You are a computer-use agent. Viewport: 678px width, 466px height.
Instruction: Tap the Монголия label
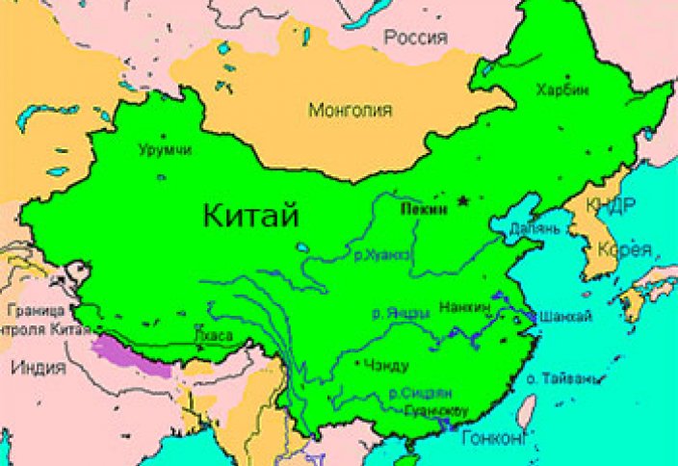(350, 111)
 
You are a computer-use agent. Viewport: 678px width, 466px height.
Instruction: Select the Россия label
(416, 39)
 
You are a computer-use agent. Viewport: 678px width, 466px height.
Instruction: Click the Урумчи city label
(165, 150)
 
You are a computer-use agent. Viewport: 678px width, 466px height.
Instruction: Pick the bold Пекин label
(423, 208)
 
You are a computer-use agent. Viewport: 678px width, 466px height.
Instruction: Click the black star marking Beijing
(464, 200)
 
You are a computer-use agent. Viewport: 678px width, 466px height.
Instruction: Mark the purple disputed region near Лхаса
(135, 352)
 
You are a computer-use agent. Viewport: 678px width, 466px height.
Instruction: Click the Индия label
(39, 367)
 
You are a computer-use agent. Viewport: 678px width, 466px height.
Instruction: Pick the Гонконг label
(495, 438)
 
